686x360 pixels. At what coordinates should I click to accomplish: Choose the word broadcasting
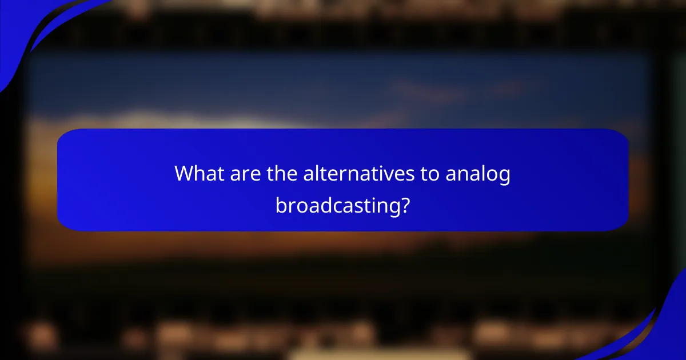[x=337, y=205]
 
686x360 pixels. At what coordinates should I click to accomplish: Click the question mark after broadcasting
[x=405, y=204]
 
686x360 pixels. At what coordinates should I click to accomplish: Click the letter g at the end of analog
[x=504, y=177]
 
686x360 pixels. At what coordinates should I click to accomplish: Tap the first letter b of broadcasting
[x=281, y=204]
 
